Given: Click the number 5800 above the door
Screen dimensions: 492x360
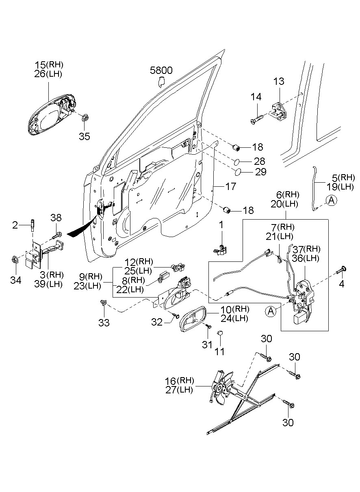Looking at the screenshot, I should pos(161,71).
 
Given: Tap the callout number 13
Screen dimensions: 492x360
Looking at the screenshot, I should pos(279,81).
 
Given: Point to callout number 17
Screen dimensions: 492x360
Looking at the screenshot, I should pos(230,187).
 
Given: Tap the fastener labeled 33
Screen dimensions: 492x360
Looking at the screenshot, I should pos(103,302).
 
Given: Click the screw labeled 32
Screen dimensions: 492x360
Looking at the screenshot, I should pos(176,315).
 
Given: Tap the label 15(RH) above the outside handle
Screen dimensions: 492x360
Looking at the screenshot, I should pos(49,65).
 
